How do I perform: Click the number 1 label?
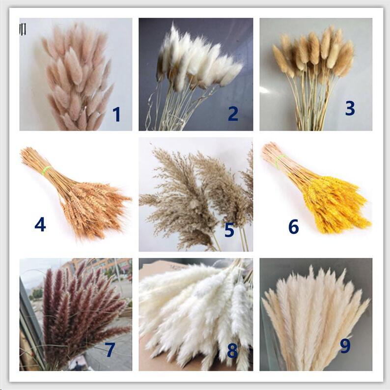116,114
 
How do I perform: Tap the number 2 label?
233,113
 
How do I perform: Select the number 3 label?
350,108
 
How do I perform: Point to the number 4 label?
40,224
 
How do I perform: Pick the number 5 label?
229,230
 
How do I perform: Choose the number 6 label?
293,226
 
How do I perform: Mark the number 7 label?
110,350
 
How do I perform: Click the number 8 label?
232,351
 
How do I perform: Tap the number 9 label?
345,346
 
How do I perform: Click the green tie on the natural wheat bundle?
46,170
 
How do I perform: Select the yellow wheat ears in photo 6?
334,204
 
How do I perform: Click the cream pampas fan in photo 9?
314,314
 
